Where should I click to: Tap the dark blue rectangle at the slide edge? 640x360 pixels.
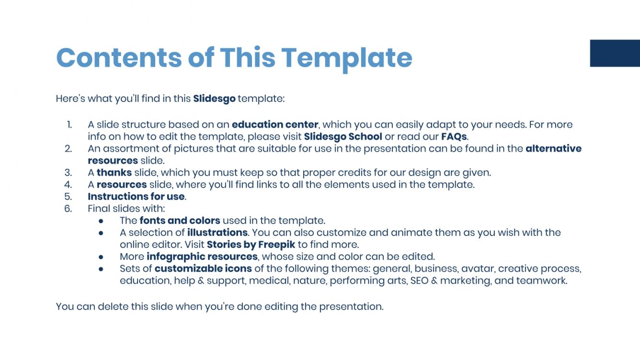point(615,53)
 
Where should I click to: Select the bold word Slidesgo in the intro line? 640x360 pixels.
point(214,99)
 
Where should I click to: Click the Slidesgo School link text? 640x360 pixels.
point(343,136)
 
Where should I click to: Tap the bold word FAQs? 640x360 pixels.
point(454,136)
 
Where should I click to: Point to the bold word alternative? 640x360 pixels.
point(553,148)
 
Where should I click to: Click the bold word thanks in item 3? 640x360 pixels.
point(114,172)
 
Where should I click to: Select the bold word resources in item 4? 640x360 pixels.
point(122,184)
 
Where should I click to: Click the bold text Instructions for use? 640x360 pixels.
point(136,196)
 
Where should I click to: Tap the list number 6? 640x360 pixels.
point(68,208)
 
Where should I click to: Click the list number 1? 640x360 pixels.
point(69,124)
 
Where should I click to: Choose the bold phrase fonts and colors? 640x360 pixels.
point(180,221)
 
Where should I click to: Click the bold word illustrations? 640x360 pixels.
point(217,233)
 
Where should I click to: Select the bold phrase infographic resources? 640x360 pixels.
point(202,257)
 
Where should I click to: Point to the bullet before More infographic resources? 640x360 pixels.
point(101,257)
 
